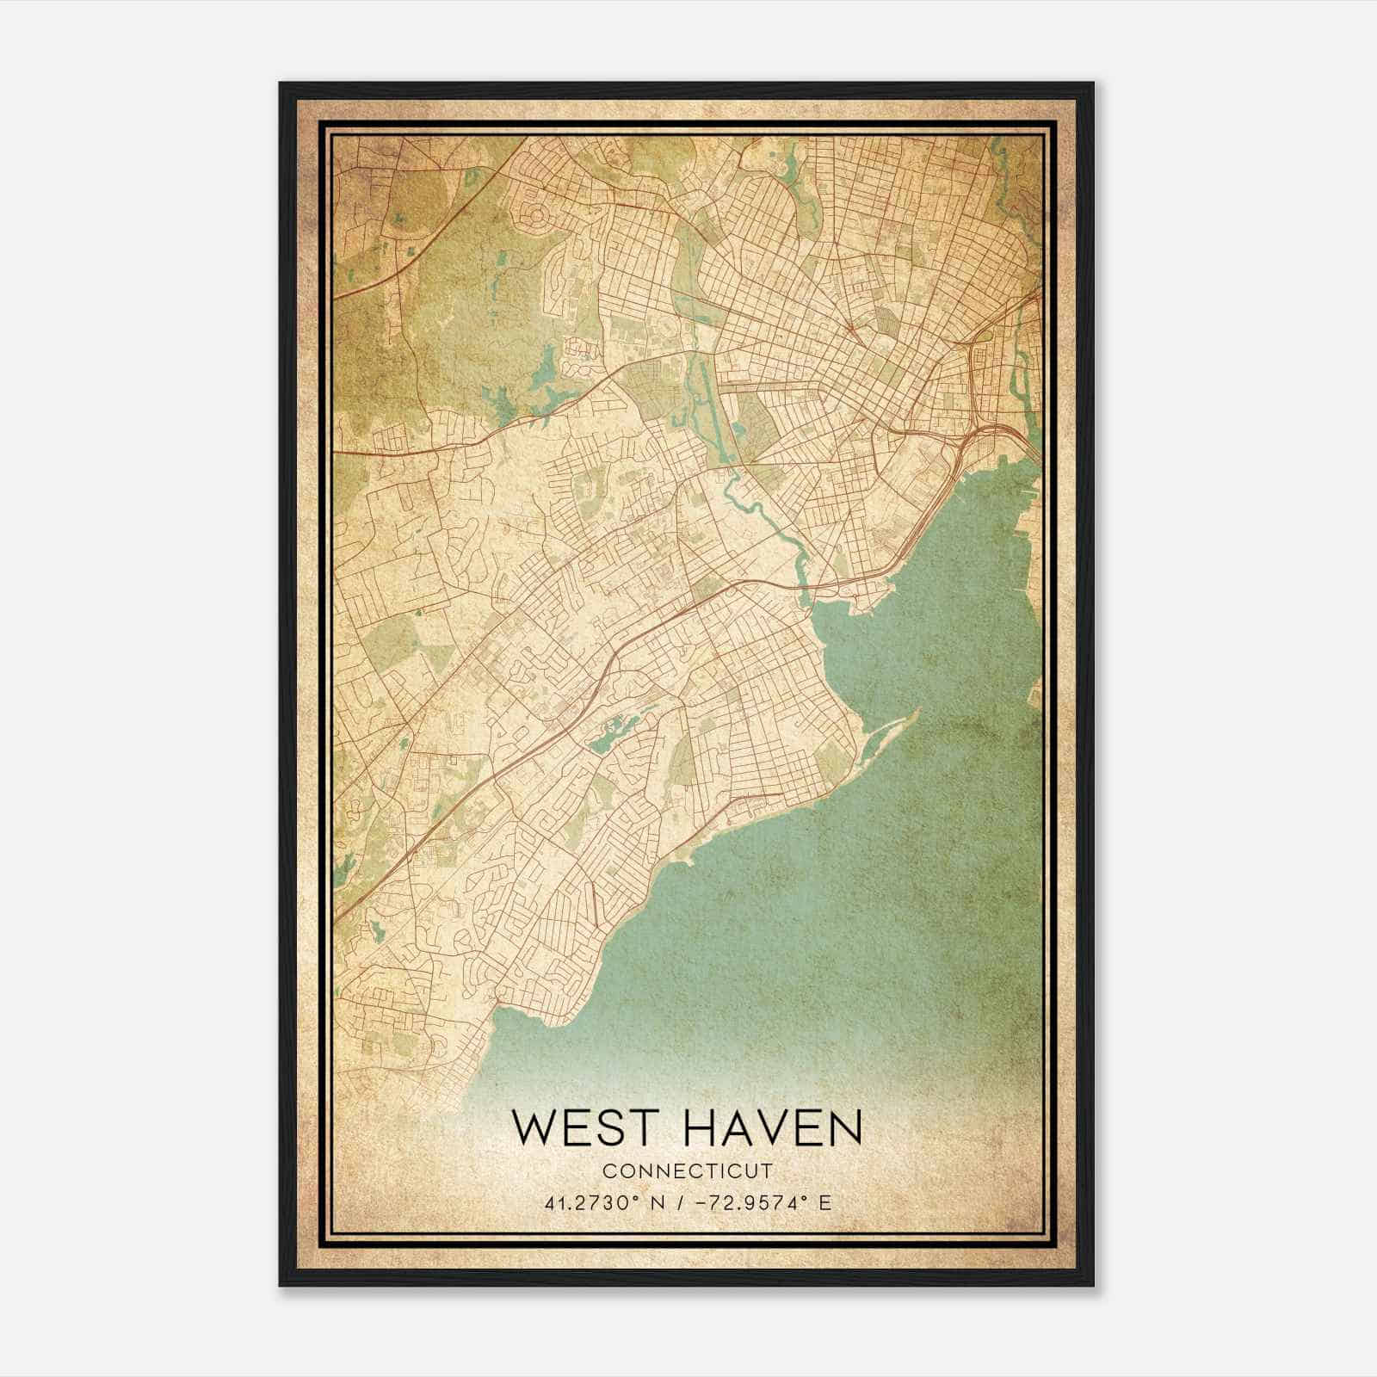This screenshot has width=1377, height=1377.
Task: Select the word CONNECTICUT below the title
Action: (687, 1170)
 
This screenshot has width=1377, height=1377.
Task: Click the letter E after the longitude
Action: (825, 1202)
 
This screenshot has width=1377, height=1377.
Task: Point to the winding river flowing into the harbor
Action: (757, 508)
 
